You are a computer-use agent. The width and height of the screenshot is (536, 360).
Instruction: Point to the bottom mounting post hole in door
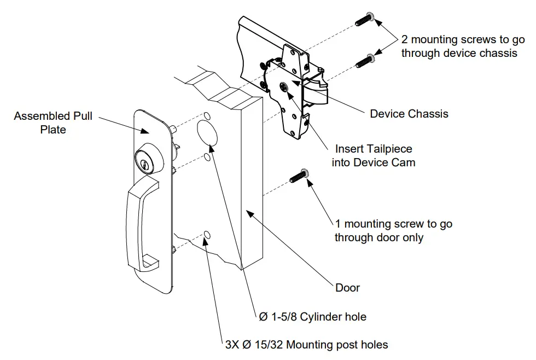coord(207,235)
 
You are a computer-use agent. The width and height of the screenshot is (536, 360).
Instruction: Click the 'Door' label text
coord(347,287)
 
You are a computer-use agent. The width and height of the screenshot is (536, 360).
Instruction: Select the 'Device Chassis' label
coord(409,114)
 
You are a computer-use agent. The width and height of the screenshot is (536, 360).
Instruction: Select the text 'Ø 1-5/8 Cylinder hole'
coord(312,317)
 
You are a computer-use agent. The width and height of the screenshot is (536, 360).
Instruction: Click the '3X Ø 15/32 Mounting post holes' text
coord(307,344)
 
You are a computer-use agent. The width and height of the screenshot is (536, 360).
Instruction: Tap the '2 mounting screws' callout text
coord(463,47)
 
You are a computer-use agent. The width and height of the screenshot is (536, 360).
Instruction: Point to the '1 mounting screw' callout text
coord(393,230)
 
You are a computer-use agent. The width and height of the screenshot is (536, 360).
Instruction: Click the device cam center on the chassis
coord(284,86)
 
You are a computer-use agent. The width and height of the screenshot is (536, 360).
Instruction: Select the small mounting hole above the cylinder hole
coord(208,116)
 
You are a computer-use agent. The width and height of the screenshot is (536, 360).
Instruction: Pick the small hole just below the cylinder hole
coord(207,157)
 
